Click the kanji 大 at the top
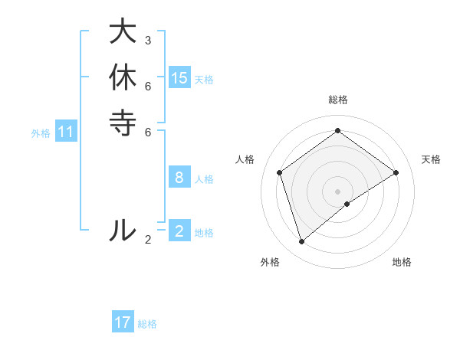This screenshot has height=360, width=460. [123, 32]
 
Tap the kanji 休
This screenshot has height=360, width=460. [123, 77]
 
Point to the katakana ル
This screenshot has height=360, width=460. [123, 229]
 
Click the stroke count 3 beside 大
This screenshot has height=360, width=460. [148, 40]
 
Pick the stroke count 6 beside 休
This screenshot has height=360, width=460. [148, 85]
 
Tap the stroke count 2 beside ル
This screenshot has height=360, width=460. [148, 239]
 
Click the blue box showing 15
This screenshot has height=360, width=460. [179, 77]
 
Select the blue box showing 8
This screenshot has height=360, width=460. [179, 178]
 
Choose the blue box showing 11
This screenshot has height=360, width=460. [66, 132]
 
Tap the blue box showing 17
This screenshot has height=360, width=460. [123, 322]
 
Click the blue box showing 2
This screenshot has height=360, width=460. [179, 231]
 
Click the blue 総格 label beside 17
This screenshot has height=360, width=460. [147, 324]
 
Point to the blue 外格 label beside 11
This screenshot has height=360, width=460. [41, 133]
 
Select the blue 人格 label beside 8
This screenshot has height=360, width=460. [204, 179]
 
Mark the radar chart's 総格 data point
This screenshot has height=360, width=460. [337, 130]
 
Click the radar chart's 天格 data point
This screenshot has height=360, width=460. [396, 172]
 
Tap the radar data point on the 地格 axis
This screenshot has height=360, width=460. [347, 204]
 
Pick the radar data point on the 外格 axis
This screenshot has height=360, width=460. [301, 242]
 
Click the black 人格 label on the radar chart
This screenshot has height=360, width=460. [245, 159]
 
